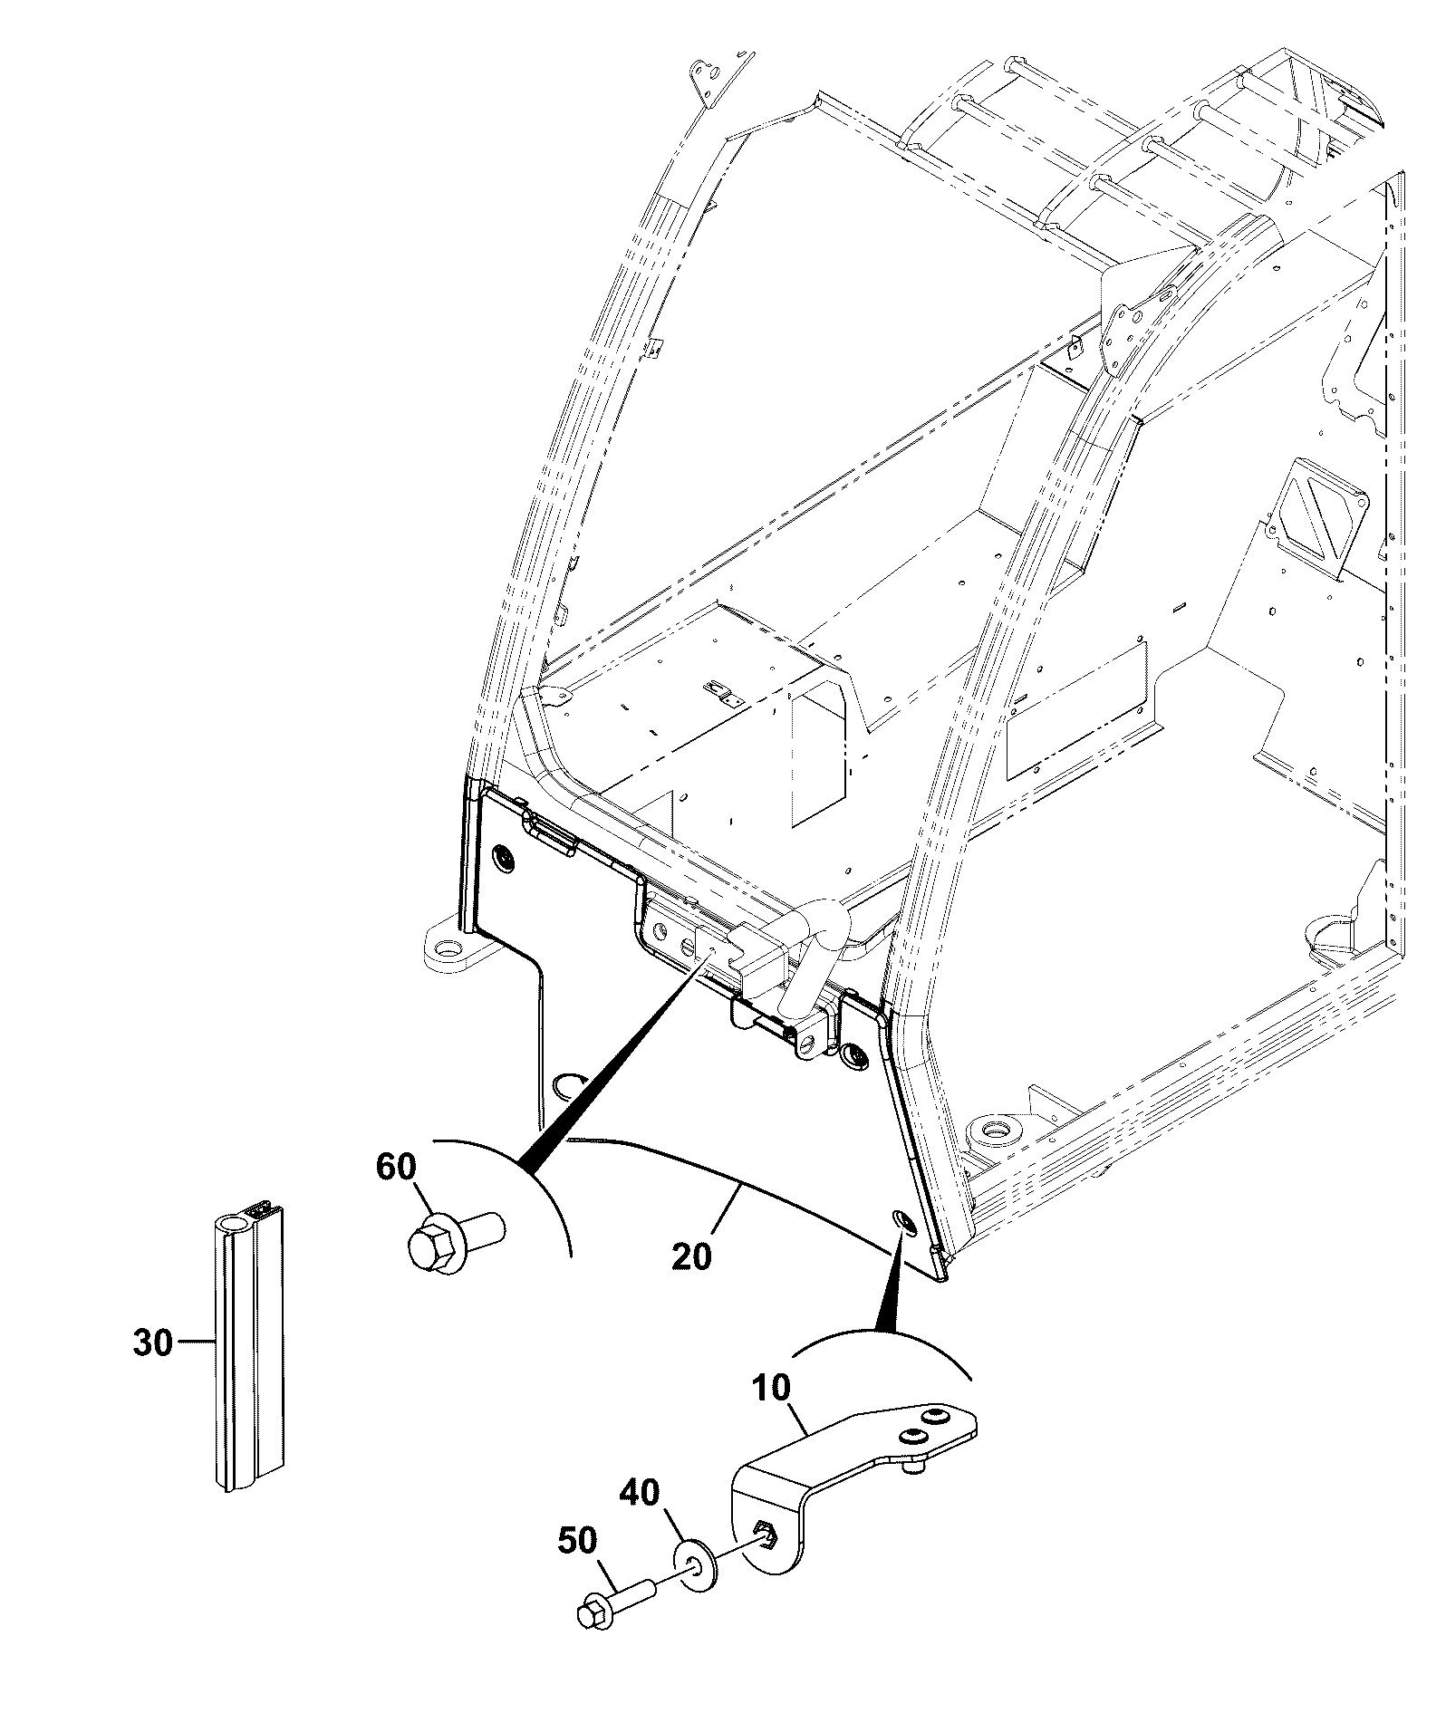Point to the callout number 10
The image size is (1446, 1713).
[x=770, y=1389]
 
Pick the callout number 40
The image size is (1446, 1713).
[x=639, y=1492]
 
